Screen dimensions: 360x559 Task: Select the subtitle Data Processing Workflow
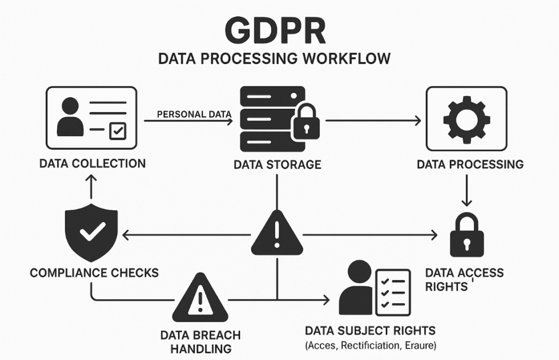[275, 58]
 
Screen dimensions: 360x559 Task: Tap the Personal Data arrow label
[194, 114]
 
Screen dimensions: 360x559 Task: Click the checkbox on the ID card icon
[117, 131]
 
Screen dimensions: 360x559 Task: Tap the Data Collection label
[92, 163]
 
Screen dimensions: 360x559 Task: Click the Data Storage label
[277, 164]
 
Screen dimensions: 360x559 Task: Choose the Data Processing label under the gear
[470, 164]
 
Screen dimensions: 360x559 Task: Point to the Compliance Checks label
[94, 272]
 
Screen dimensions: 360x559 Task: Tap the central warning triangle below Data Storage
[277, 233]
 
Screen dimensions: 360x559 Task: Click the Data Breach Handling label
[200, 341]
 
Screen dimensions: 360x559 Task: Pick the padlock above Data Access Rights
[466, 235]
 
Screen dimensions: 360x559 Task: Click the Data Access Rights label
[464, 279]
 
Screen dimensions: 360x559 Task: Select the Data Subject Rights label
[370, 331]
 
